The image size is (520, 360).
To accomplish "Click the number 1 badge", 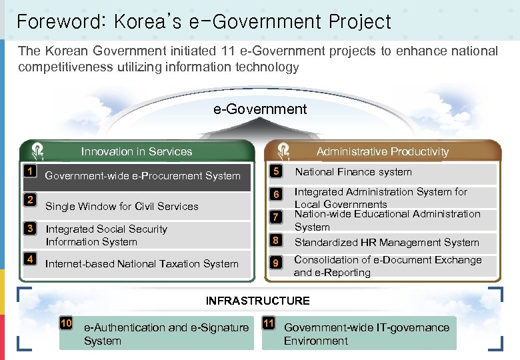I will point(29,171).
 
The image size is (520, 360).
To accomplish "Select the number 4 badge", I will point(29,259).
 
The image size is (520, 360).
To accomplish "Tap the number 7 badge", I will point(275,217).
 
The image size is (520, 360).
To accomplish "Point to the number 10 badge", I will point(66,323).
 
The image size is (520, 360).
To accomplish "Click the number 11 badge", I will point(269,323).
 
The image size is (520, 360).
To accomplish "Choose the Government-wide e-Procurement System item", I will point(142,176).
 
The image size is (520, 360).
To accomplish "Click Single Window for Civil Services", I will point(121,207).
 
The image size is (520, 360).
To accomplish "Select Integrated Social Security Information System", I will point(106,235).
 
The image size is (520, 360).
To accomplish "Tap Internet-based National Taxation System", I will point(141,264).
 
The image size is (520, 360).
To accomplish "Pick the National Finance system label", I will point(353,172).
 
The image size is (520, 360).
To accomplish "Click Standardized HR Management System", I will point(387,243).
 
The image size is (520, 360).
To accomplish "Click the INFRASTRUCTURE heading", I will point(257,301).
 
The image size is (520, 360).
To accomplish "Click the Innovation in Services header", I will point(136,151).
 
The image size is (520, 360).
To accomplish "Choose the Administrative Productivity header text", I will point(382,151).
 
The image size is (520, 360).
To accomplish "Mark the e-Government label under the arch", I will point(260,109).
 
